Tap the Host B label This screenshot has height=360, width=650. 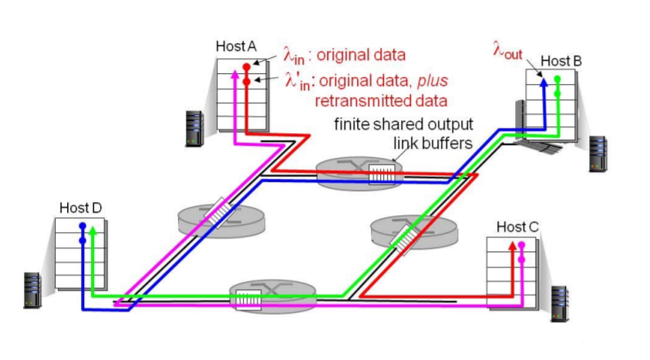[x=561, y=60]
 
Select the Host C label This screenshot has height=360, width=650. [x=517, y=227]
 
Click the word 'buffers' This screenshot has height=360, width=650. [x=446, y=143]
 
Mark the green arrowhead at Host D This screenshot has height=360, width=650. [x=93, y=229]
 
